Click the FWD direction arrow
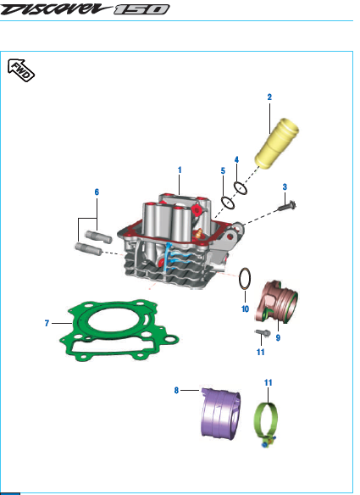pos(21,70)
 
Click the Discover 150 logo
pos(85,8)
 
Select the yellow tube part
pos(277,142)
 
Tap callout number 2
pos(269,97)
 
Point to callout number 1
pos(180,170)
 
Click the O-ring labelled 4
pos(241,188)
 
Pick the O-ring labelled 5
pos(228,203)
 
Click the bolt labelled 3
pos(287,206)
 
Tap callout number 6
pos(97,192)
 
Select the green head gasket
pos(119,331)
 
